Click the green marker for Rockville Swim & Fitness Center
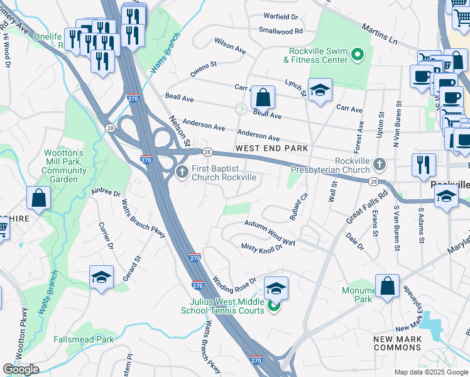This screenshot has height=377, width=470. (x=358, y=55)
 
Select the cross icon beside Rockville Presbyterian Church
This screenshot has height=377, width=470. (x=379, y=164)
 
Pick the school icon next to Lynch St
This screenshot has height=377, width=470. (x=320, y=90)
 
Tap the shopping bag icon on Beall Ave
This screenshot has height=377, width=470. (x=263, y=97)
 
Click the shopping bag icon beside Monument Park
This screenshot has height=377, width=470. (x=388, y=286)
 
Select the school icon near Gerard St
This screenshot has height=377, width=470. (x=101, y=278)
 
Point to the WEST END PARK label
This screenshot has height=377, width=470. (x=271, y=148)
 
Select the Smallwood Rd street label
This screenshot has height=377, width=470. (x=280, y=30)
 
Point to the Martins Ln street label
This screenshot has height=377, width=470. (x=380, y=34)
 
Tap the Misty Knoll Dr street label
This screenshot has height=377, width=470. (x=262, y=248)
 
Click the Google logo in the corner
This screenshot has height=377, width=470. (x=21, y=369)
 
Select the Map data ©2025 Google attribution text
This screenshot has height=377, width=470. (x=431, y=372)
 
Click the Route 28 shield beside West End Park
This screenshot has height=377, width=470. (x=206, y=152)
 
